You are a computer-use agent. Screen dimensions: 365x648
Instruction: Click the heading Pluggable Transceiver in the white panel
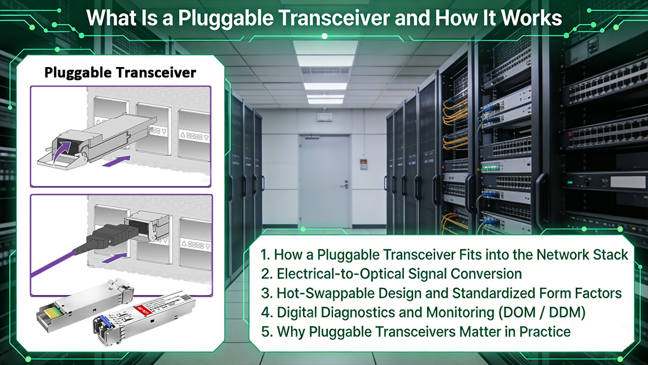[x=120, y=72]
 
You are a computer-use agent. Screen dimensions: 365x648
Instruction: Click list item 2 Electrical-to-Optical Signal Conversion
[x=391, y=274]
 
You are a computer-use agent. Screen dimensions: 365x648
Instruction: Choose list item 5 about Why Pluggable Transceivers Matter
[x=416, y=331]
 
